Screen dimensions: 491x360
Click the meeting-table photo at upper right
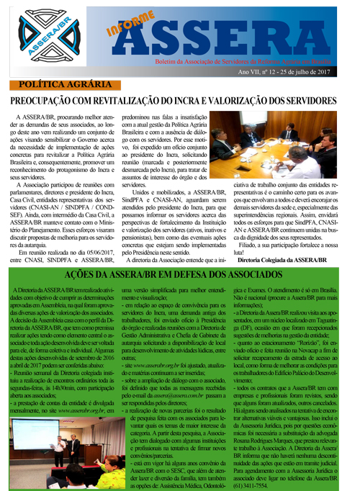(x=287, y=145)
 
